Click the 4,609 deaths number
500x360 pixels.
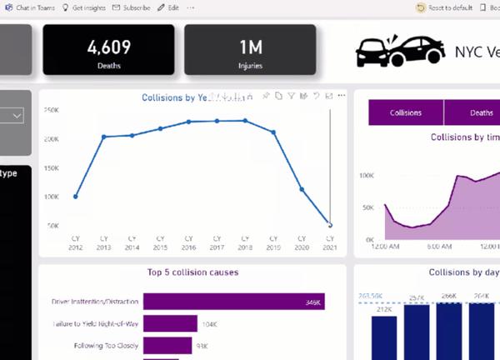(x=108, y=47)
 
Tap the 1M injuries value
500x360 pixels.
(x=250, y=47)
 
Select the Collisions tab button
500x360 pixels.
(x=406, y=112)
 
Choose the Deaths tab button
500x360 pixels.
(x=481, y=112)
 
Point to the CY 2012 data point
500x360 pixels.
(x=76, y=197)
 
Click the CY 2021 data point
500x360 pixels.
(x=330, y=225)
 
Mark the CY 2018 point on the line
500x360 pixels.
(x=245, y=120)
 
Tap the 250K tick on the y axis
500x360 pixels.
(x=51, y=110)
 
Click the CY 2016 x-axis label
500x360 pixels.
(x=189, y=242)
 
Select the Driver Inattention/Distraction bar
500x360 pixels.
(x=233, y=302)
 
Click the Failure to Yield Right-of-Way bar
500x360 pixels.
(x=170, y=323)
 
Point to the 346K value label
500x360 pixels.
(x=313, y=302)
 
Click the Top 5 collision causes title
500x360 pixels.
(x=192, y=272)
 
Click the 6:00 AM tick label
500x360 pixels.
(x=440, y=247)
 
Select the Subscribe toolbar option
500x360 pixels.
(x=132, y=7)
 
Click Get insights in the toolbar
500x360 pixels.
(x=85, y=7)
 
